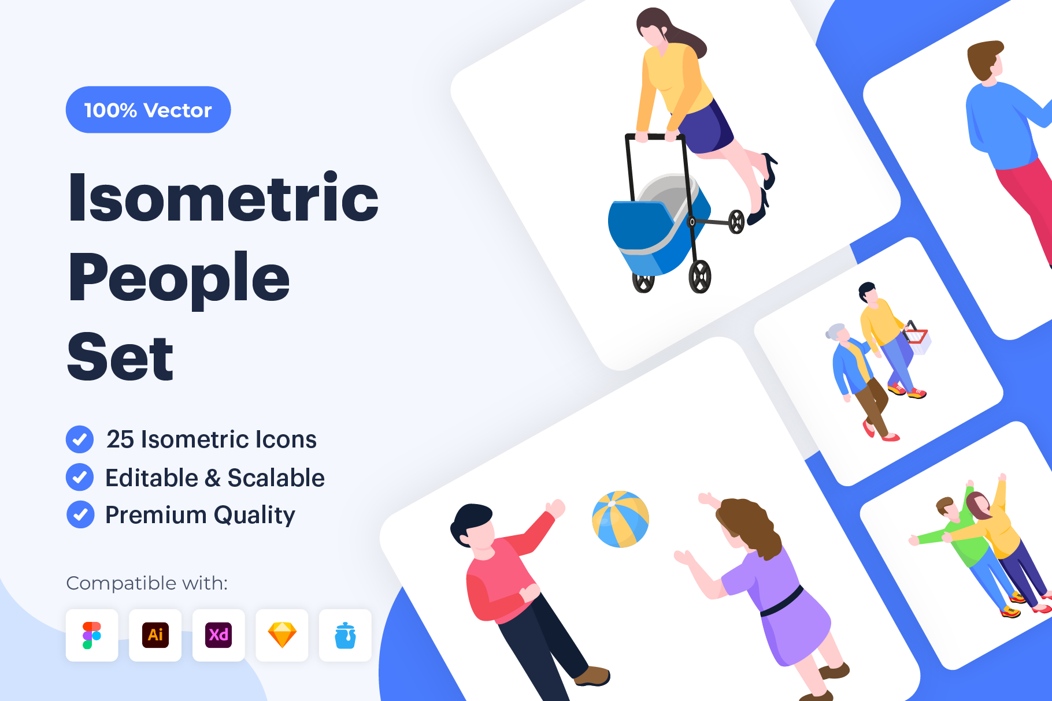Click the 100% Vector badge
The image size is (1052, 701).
[148, 110]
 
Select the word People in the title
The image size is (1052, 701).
[179, 279]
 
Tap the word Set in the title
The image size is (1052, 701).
[120, 356]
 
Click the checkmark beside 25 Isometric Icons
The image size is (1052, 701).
[80, 439]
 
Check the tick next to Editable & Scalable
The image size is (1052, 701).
[80, 478]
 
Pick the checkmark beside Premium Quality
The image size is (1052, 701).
[80, 514]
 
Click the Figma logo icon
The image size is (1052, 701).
[92, 635]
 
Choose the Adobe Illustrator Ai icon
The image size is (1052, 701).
[155, 635]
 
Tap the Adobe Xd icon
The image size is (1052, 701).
[218, 635]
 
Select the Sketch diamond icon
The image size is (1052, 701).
[282, 635]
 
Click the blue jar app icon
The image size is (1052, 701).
[345, 635]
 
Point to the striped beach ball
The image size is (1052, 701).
[621, 519]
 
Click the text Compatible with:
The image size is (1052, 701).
[147, 583]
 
